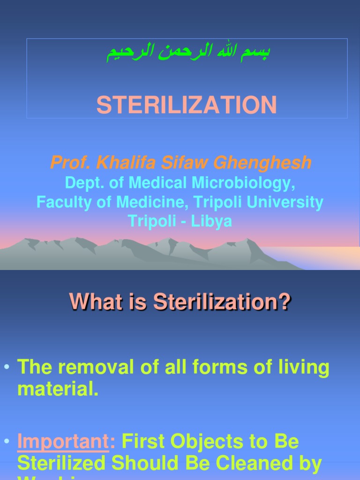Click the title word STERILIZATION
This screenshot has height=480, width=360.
point(187,105)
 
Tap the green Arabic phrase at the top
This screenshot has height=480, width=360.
point(187,52)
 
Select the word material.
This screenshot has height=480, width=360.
point(58,390)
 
